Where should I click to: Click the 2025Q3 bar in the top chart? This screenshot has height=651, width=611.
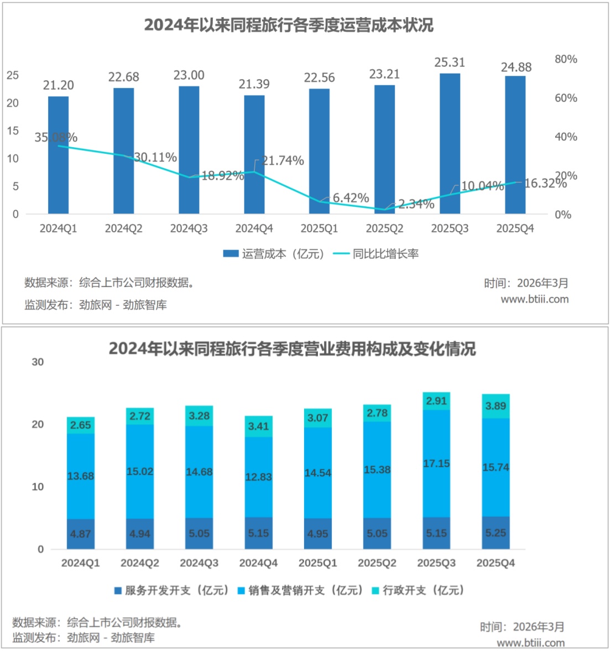450,144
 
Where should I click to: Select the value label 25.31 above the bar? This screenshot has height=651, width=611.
450,63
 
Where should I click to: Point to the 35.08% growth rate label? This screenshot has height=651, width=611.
56,138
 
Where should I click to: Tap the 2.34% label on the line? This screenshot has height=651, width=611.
416,204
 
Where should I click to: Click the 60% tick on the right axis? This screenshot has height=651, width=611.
566,98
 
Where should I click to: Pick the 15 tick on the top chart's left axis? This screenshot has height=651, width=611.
13,131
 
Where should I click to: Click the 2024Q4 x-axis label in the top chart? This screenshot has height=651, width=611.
254,228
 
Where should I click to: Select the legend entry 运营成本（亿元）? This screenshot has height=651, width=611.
274,254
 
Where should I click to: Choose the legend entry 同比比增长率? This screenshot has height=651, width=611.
377,254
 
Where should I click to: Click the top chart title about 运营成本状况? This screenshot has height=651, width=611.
289,25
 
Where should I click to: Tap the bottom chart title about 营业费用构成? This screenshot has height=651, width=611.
292,349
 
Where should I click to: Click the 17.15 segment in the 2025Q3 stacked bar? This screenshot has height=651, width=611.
436,463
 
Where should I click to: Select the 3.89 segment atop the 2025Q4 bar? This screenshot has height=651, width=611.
495,406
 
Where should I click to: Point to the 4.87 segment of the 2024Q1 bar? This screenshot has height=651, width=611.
81,534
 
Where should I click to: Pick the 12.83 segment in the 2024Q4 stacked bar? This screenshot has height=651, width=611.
258,477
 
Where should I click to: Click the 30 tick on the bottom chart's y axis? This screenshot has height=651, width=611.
38,362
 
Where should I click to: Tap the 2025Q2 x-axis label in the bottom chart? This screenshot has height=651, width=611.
377,563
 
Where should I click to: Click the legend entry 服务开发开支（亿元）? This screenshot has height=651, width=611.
171,590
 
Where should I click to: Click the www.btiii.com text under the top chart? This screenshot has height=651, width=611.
534,299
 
